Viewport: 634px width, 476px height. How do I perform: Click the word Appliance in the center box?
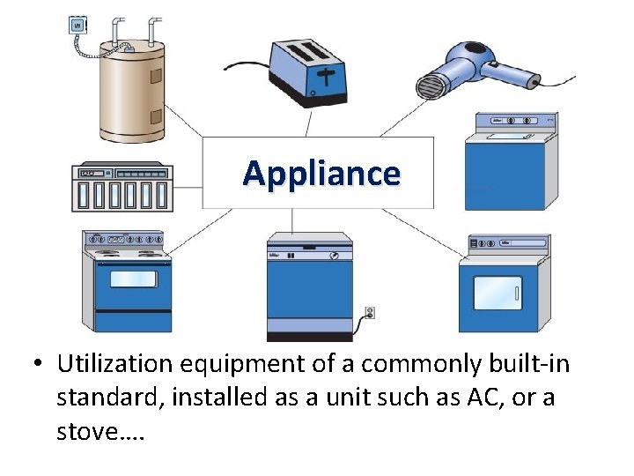tap(321, 174)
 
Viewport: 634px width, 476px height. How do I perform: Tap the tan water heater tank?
tap(132, 93)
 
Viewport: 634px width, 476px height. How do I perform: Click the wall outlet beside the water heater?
tap(78, 26)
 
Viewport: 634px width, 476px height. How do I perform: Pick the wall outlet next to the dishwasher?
tap(370, 312)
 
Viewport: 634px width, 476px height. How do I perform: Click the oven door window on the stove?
tap(133, 279)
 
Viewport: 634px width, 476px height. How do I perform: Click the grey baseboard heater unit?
tap(122, 187)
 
